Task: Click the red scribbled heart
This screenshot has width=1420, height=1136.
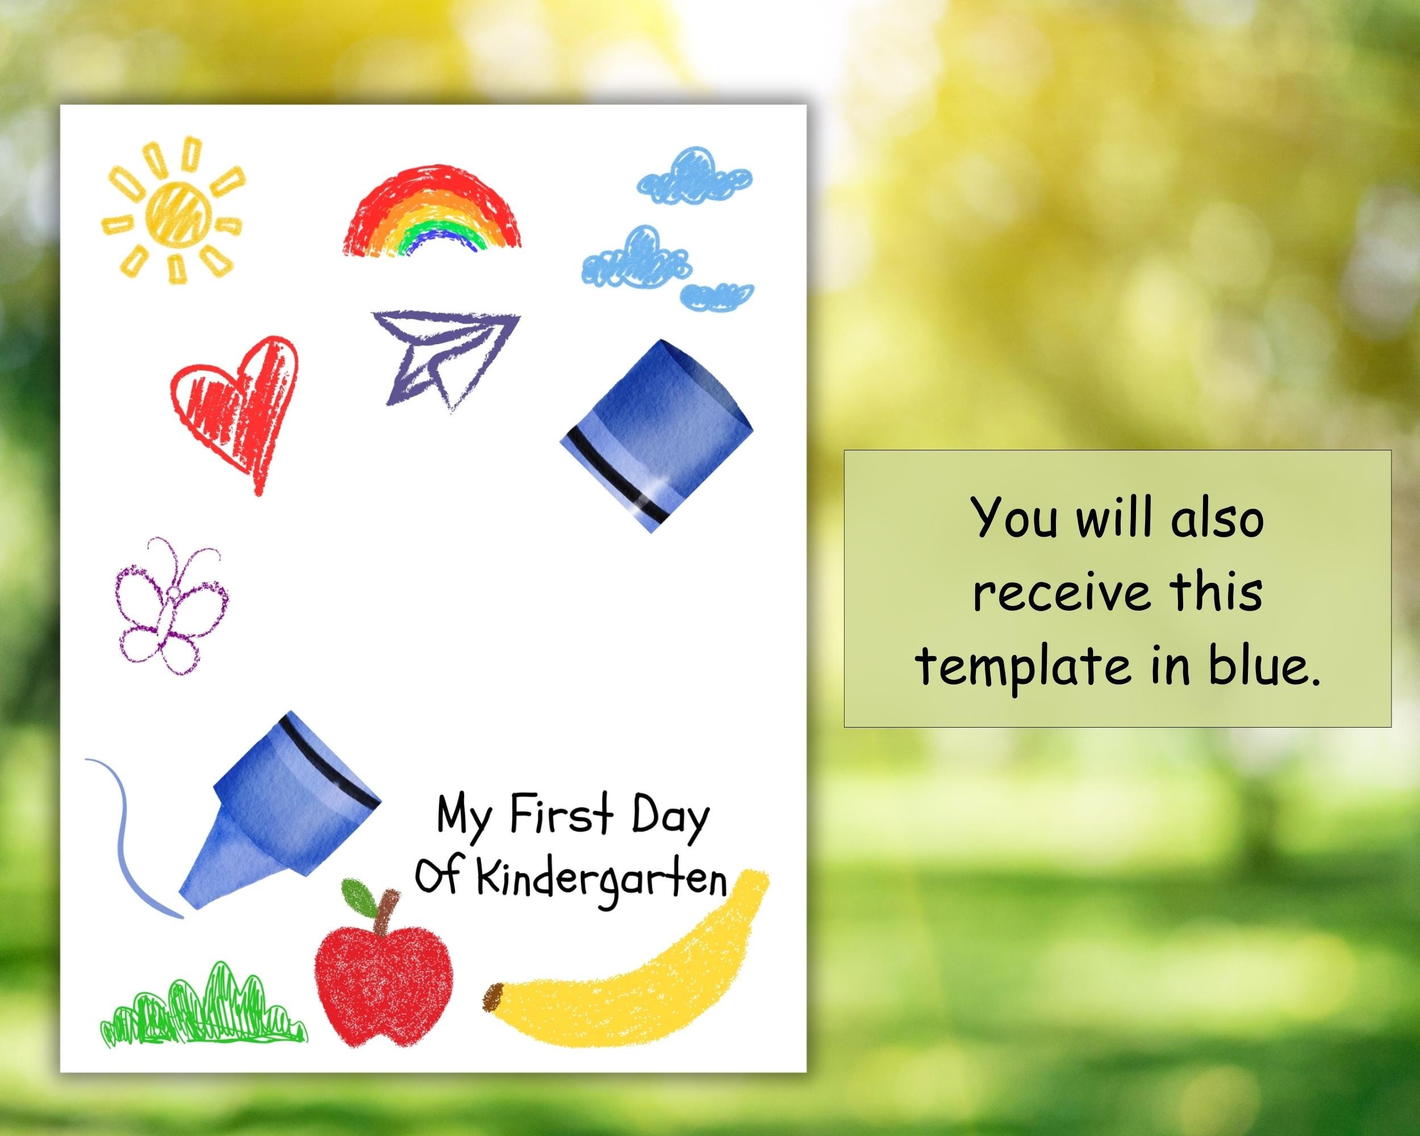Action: tap(236, 408)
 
